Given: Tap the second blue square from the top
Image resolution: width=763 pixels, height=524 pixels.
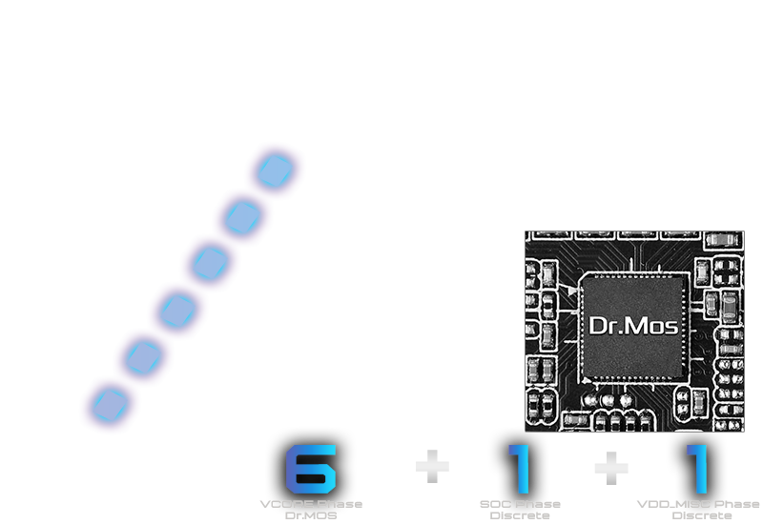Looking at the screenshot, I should (243, 217).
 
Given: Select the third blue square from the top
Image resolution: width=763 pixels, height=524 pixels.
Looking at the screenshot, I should (210, 261).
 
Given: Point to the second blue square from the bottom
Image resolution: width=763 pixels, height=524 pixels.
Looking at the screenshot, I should (144, 357).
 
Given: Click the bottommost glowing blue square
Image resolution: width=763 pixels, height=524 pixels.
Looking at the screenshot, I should (111, 403).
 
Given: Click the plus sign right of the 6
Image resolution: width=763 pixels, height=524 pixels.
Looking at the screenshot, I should (432, 466).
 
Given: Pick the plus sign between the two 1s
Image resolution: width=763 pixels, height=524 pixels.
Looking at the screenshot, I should (610, 466).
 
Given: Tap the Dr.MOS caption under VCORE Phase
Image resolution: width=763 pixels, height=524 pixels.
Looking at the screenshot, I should (311, 514).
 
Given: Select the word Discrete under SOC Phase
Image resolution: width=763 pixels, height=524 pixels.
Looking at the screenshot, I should (520, 514).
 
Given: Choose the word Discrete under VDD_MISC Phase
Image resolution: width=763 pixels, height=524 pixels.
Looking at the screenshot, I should (702, 514).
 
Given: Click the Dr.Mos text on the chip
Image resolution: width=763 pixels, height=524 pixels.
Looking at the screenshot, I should (633, 327).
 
